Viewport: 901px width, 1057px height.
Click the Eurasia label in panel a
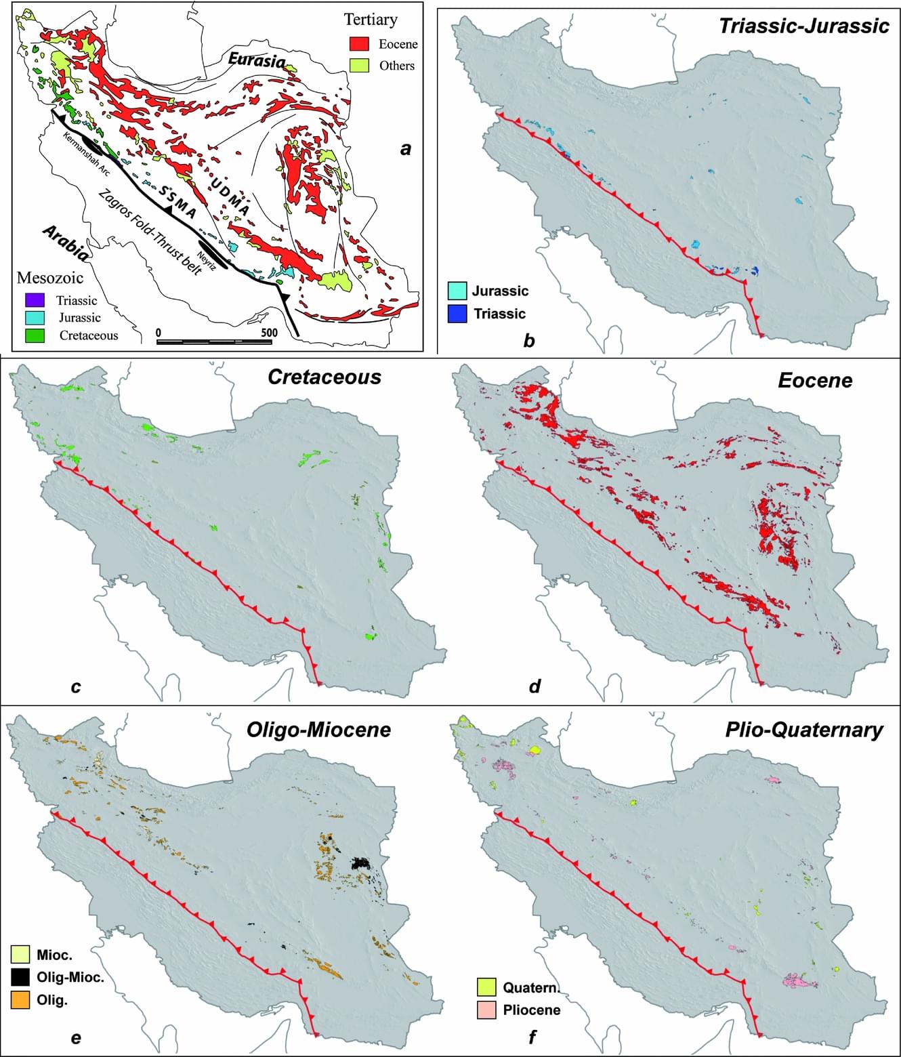256,60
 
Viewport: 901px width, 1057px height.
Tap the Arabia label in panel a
65,243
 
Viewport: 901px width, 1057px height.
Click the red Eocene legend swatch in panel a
359,44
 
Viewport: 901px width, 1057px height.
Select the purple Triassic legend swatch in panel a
35,300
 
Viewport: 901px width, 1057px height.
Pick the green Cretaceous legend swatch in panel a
35,335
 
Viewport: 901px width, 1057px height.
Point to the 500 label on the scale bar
269,333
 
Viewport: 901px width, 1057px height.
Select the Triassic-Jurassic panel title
803,26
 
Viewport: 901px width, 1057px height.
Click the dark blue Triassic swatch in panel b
457,314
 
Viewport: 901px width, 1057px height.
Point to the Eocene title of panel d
814,380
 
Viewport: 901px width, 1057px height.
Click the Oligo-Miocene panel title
318,729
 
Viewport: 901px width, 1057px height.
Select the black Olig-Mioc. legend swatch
20,977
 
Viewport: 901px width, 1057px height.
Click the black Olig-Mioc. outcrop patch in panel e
361,863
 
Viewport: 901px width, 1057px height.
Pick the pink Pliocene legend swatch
486,1010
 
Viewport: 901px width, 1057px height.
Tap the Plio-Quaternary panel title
803,730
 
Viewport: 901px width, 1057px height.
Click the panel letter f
532,1037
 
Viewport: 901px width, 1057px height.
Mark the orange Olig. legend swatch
20,999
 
